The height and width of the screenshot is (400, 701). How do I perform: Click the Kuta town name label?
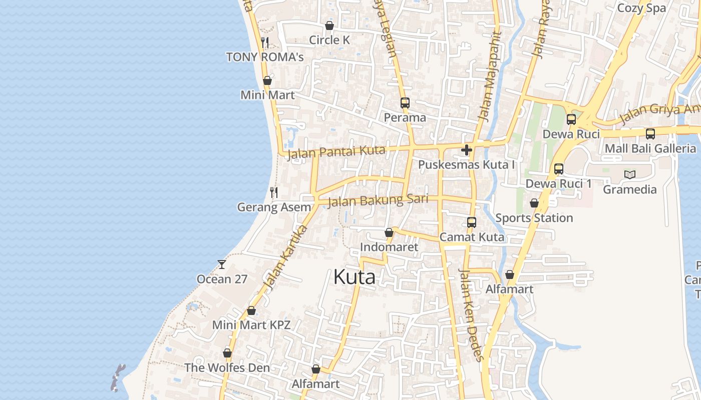(354, 277)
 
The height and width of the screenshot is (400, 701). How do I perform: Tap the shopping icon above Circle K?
(329, 25)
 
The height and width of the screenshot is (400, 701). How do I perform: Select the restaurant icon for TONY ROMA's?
(265, 42)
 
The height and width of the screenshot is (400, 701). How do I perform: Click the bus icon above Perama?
(405, 103)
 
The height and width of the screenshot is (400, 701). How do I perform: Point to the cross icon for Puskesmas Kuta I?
(467, 150)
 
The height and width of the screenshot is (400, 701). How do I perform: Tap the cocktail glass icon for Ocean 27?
(222, 264)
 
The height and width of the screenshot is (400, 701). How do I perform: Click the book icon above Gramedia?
(629, 174)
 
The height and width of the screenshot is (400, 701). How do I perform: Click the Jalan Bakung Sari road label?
(378, 201)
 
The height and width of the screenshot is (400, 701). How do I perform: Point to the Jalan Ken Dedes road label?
(471, 315)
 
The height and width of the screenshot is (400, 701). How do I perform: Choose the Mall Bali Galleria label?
(650, 148)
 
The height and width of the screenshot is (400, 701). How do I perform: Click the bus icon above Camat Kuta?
(471, 222)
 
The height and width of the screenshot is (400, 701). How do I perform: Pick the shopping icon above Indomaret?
(389, 232)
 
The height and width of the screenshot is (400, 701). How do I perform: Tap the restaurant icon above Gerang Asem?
(274, 192)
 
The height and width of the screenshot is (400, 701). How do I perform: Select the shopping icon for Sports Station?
(534, 203)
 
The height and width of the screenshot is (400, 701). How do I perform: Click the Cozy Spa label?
(641, 8)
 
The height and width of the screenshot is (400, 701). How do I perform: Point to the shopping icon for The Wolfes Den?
(227, 353)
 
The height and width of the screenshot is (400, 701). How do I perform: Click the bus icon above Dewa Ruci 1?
(558, 169)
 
